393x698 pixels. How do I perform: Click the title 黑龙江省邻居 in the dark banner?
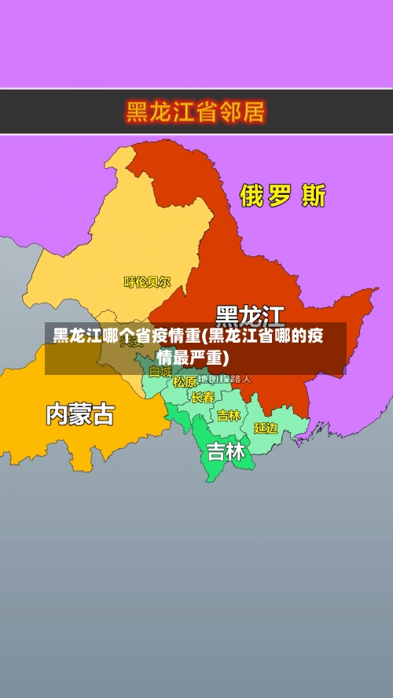196,112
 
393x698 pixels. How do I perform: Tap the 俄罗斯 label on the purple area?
282,196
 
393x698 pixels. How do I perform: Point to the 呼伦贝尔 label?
147,281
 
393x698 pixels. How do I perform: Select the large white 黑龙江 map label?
250,316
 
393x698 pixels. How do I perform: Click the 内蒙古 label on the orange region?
80,414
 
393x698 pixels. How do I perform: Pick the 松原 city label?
185,382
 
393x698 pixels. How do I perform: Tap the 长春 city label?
203,398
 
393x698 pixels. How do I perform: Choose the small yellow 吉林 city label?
229,415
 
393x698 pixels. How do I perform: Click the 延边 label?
266,428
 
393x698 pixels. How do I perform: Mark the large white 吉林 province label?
226,452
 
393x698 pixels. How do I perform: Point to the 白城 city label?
160,371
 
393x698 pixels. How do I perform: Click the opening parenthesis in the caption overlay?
204,337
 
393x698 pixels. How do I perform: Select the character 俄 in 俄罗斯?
252,196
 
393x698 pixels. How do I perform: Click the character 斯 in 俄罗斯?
313,196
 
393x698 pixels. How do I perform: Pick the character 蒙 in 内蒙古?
80,414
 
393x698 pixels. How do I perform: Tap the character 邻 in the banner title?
224,112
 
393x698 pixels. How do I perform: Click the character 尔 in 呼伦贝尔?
165,281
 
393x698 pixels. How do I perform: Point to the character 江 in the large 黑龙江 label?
272,316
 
